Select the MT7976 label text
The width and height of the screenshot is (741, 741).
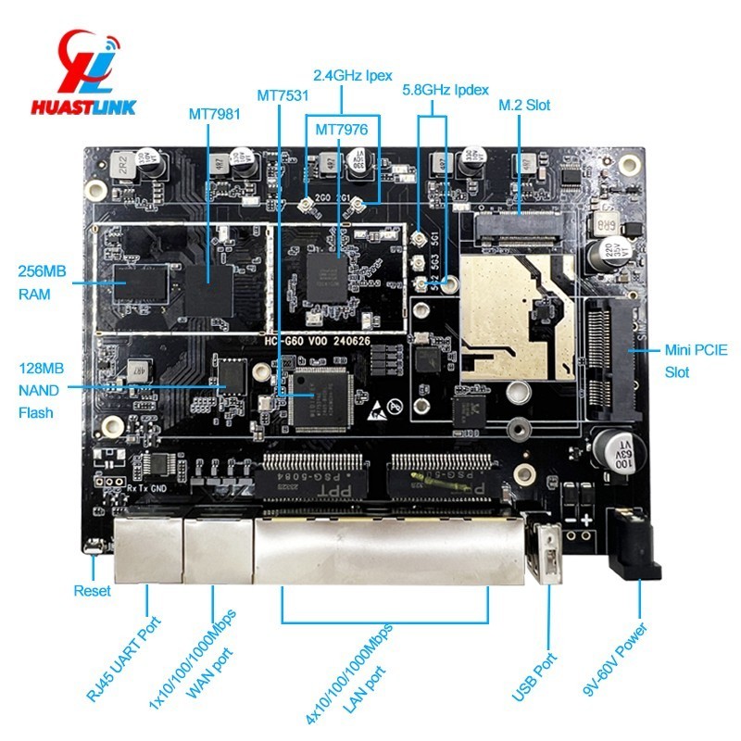coord(342,130)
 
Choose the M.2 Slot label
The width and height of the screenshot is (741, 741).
coord(524,105)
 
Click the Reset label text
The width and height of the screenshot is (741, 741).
coord(92,591)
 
